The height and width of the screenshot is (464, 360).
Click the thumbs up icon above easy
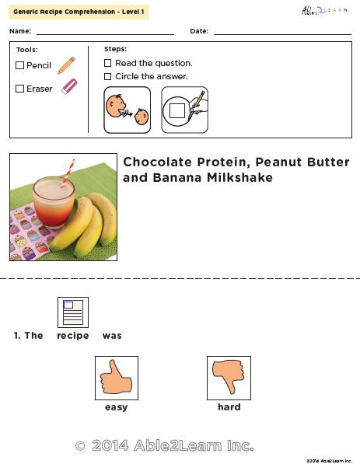(116, 378)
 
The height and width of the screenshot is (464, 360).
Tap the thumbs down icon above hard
(229, 378)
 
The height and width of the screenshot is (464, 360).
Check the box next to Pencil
(20, 66)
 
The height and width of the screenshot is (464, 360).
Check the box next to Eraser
(20, 89)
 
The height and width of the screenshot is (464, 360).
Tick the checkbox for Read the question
(108, 63)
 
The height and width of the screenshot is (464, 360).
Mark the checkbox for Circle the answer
(108, 76)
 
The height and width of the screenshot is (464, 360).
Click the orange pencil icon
(66, 65)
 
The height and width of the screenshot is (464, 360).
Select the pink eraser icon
(68, 87)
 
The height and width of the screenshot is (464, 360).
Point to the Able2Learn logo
(325, 11)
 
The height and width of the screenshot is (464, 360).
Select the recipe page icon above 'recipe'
(73, 312)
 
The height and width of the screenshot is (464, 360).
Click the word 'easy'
(116, 407)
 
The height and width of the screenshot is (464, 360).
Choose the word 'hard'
(229, 407)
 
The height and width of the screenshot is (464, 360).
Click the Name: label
(21, 31)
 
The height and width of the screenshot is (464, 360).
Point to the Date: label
(198, 31)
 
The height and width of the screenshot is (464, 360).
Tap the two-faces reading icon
(128, 109)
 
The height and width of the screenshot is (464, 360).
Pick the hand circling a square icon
(184, 109)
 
